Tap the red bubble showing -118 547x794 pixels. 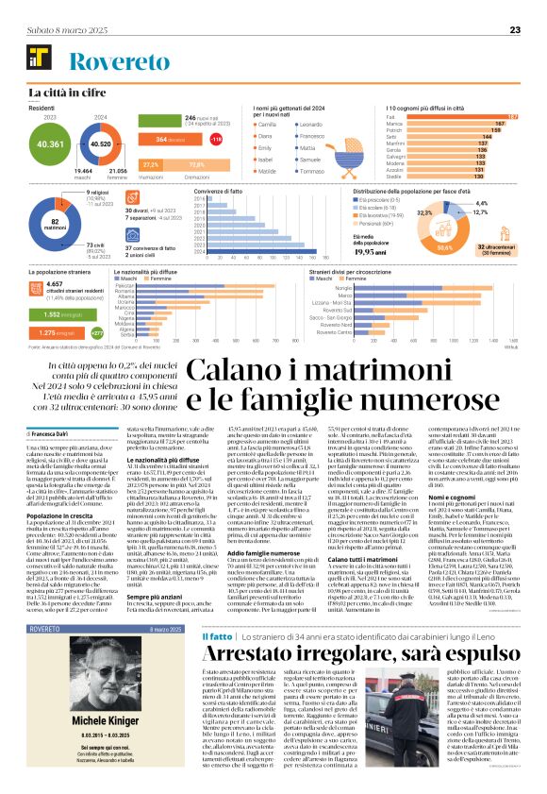(216, 140)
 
